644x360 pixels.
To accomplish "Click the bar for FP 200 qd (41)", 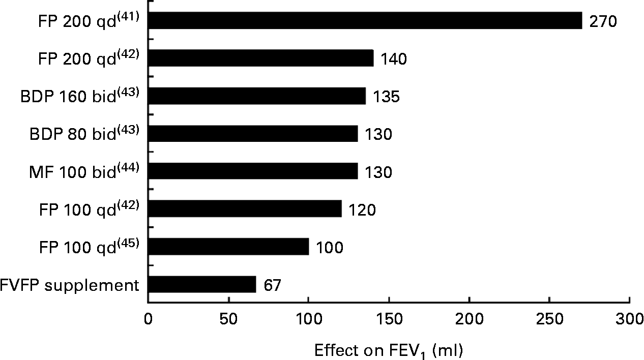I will (x=365, y=21).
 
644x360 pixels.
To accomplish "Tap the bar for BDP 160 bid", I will (x=257, y=96).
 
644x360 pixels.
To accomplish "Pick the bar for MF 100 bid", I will (x=253, y=171).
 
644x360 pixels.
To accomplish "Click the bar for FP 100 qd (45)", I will (x=228, y=247).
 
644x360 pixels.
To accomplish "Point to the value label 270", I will (x=603, y=22).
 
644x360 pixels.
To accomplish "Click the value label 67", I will (x=273, y=286).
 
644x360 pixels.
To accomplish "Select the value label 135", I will (x=386, y=97).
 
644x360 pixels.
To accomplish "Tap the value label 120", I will (x=362, y=210).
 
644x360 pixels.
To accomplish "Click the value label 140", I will (x=394, y=59).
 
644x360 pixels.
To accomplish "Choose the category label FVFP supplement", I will (x=70, y=285).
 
